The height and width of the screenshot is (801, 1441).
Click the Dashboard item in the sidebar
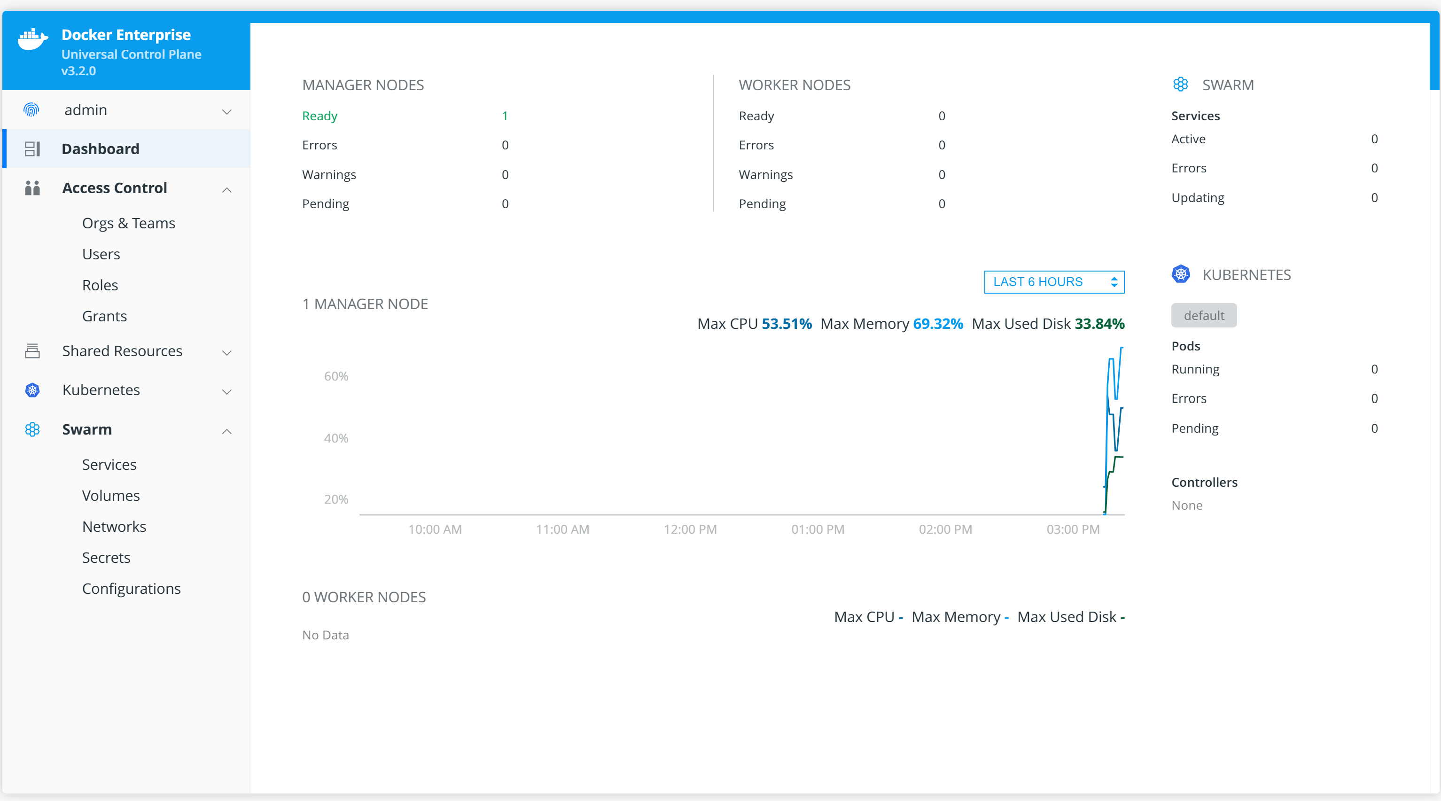[100, 149]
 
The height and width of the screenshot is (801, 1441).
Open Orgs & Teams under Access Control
[129, 223]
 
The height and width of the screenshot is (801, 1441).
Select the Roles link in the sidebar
[100, 285]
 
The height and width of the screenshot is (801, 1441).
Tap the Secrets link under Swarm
[106, 558]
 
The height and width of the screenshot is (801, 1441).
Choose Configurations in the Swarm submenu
[132, 589]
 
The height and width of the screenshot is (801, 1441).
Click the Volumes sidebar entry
[111, 496]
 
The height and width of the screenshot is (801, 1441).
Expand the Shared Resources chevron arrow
[226, 352]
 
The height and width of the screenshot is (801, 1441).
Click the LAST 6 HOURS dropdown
[1054, 282]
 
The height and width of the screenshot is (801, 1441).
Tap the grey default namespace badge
[1204, 316]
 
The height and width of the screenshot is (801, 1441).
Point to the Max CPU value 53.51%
[787, 324]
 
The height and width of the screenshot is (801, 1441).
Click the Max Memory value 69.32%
[937, 324]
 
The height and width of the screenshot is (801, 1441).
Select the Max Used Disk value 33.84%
[1099, 324]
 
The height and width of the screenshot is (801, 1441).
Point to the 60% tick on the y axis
[336, 376]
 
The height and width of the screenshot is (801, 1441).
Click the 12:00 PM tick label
[690, 529]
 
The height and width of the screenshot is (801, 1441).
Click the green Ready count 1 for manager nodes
[505, 116]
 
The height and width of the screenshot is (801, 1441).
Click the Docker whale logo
[32, 39]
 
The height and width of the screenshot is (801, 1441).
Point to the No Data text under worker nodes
[326, 635]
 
